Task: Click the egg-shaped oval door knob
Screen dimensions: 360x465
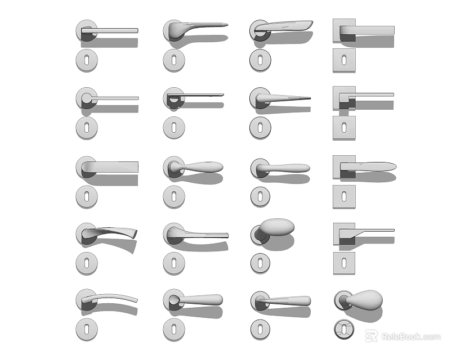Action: click(276, 227)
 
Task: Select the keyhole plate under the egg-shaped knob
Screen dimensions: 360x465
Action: click(260, 263)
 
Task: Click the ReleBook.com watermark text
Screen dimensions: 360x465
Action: click(410, 336)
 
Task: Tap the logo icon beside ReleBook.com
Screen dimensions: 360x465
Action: click(371, 336)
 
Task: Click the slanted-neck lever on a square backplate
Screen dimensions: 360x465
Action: click(372, 231)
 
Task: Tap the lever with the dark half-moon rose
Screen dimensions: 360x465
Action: click(194, 96)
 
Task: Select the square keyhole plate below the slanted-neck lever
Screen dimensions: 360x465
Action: click(343, 263)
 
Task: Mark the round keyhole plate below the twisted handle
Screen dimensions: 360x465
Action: click(86, 263)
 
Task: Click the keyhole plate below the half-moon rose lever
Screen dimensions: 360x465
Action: click(174, 127)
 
